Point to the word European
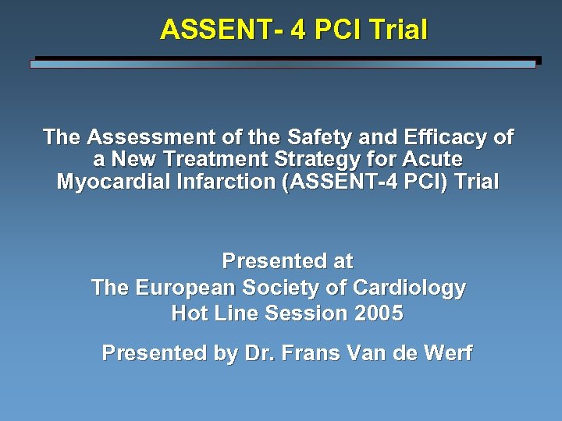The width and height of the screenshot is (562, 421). [x=185, y=288]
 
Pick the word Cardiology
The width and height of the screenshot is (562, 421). [x=409, y=288]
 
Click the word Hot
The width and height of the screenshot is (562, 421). [x=189, y=313]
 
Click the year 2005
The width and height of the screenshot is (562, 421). [x=379, y=313]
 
